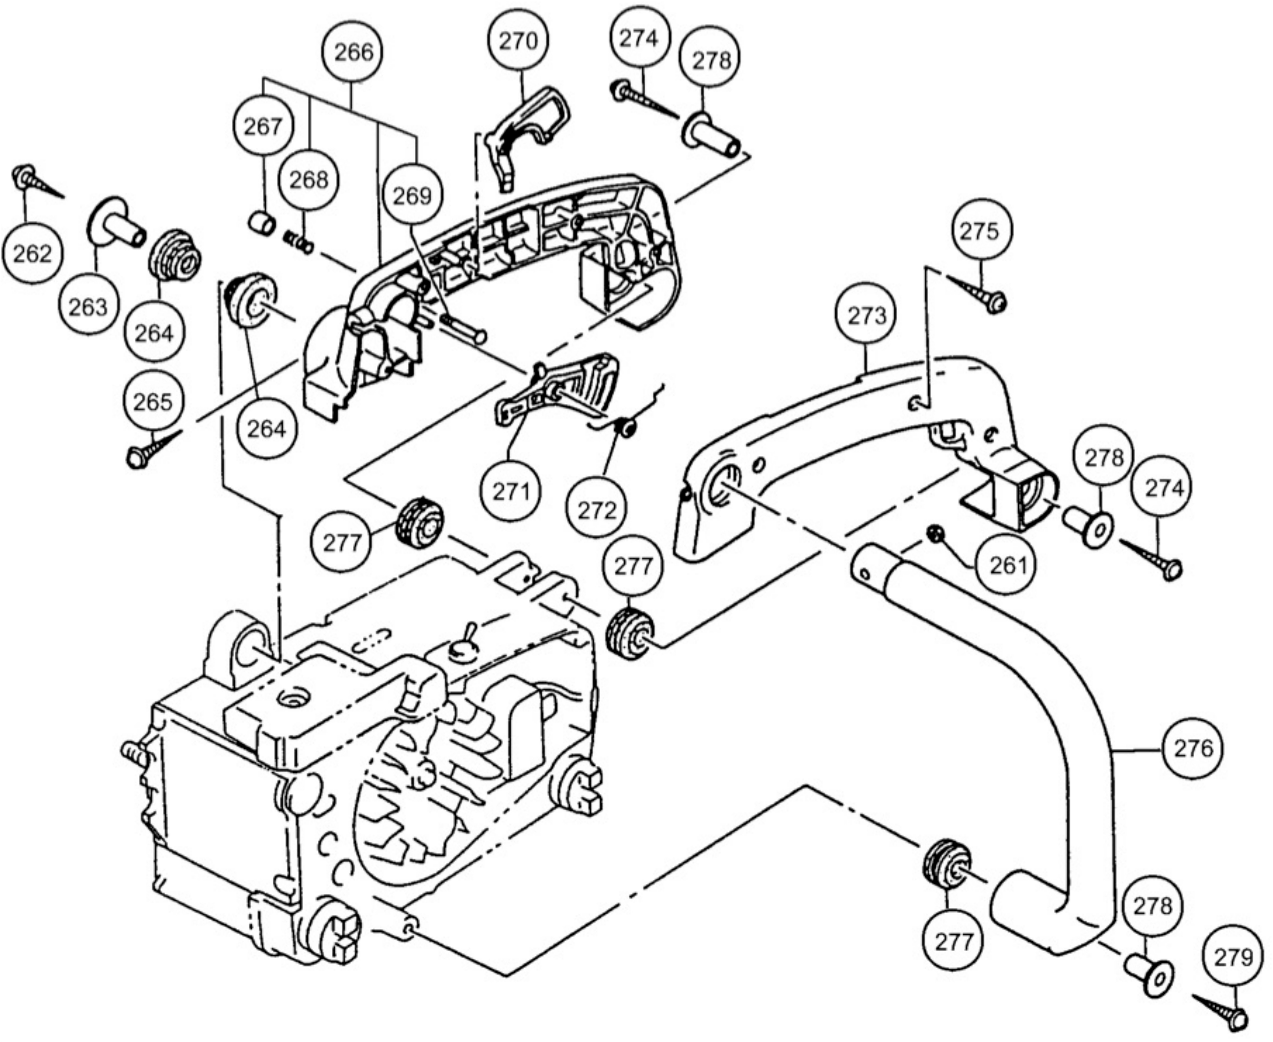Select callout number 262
point(32,254)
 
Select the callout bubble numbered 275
point(979,231)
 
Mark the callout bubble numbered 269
point(412,196)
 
